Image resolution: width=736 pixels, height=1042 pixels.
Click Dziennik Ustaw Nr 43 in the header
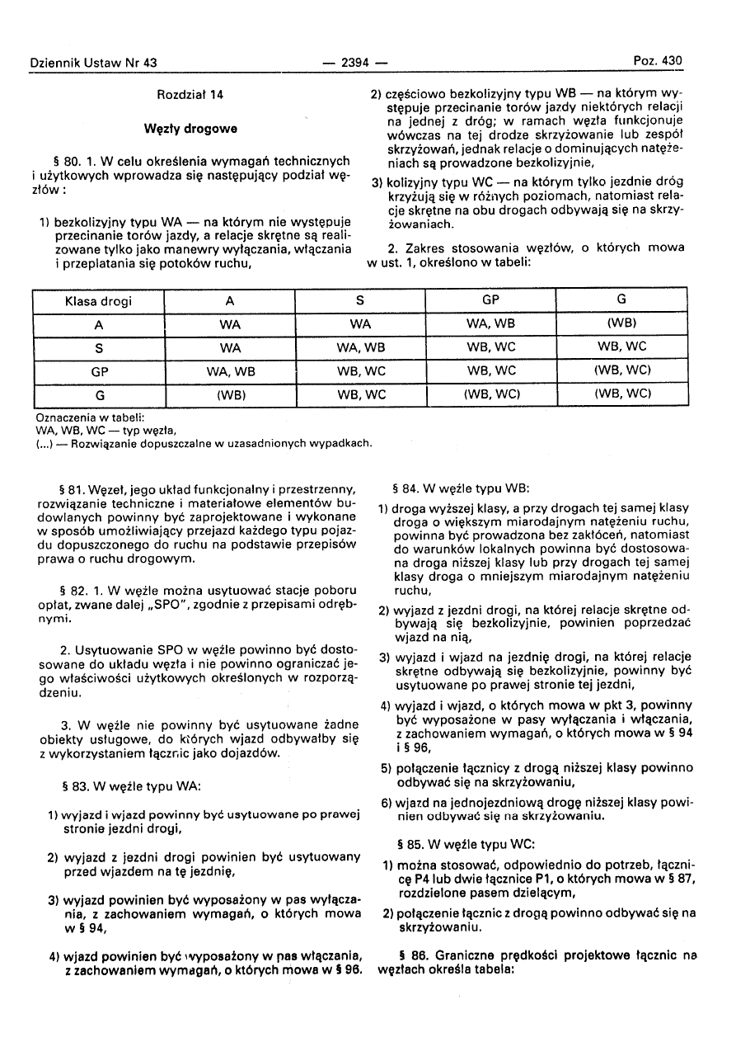point(92,63)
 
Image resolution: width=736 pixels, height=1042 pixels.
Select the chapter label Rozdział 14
point(190,95)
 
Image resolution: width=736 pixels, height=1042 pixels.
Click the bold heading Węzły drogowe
point(190,129)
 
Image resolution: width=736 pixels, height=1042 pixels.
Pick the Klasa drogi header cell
point(98,301)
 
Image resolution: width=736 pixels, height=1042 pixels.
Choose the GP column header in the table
point(491,301)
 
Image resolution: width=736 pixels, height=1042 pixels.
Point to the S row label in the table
point(98,348)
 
